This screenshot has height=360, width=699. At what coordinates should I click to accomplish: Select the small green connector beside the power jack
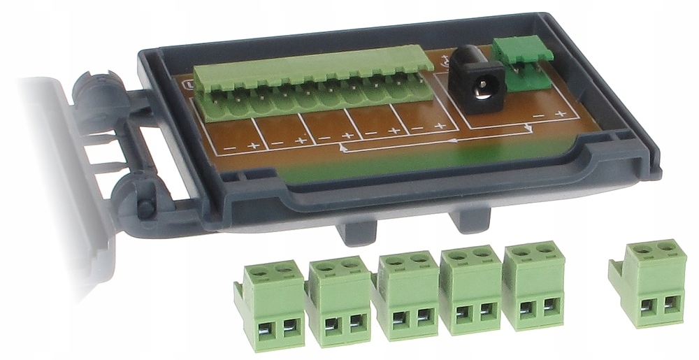pyautogui.click(x=523, y=63)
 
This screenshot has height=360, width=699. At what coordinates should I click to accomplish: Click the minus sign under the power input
pyautogui.click(x=535, y=113)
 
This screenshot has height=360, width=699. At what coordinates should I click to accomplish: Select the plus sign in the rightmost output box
pyautogui.click(x=440, y=127)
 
